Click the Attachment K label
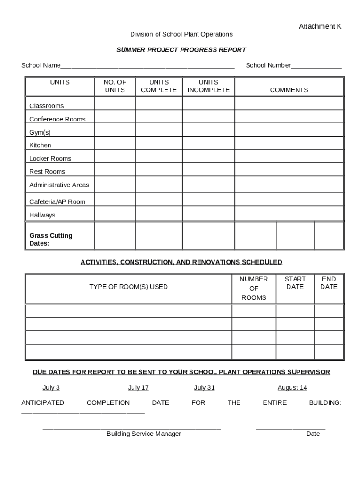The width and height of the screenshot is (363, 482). coord(320,27)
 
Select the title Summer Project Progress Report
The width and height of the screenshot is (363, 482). coord(181,50)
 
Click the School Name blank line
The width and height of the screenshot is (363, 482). coord(147,66)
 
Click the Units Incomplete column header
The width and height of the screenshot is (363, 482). coord(208,86)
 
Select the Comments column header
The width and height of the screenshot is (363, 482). coord(289,90)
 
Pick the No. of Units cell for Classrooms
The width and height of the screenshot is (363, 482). coord(115,104)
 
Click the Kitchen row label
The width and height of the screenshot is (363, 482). coord(40,145)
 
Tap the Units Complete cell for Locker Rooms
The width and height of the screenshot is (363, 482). coord(159,156)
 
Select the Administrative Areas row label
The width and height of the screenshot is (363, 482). coord(59,185)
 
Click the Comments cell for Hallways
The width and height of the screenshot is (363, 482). coord(289,214)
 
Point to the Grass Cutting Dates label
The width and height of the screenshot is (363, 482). coord(50,240)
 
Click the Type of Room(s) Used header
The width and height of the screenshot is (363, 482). coord(128,287)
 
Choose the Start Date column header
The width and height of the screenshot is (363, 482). coord(295,283)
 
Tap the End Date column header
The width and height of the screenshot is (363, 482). coord(329,283)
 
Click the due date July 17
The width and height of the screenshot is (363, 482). coord(138,388)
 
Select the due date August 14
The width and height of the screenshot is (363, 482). coord(292,388)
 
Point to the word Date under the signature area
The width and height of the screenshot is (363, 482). coord(313,434)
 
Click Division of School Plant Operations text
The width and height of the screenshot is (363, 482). coord(181,34)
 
